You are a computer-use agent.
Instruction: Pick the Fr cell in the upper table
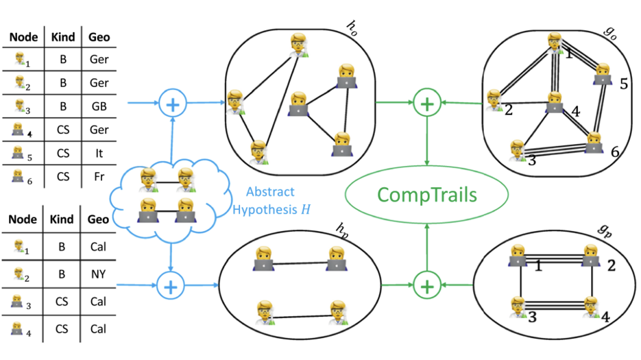99,176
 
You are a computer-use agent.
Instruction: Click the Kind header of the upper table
62,37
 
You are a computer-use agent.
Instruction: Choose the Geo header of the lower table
99,220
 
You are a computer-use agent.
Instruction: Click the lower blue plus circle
170,283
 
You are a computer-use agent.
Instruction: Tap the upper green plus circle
427,104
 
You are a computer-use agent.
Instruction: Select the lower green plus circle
427,283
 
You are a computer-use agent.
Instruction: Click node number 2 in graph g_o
495,101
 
